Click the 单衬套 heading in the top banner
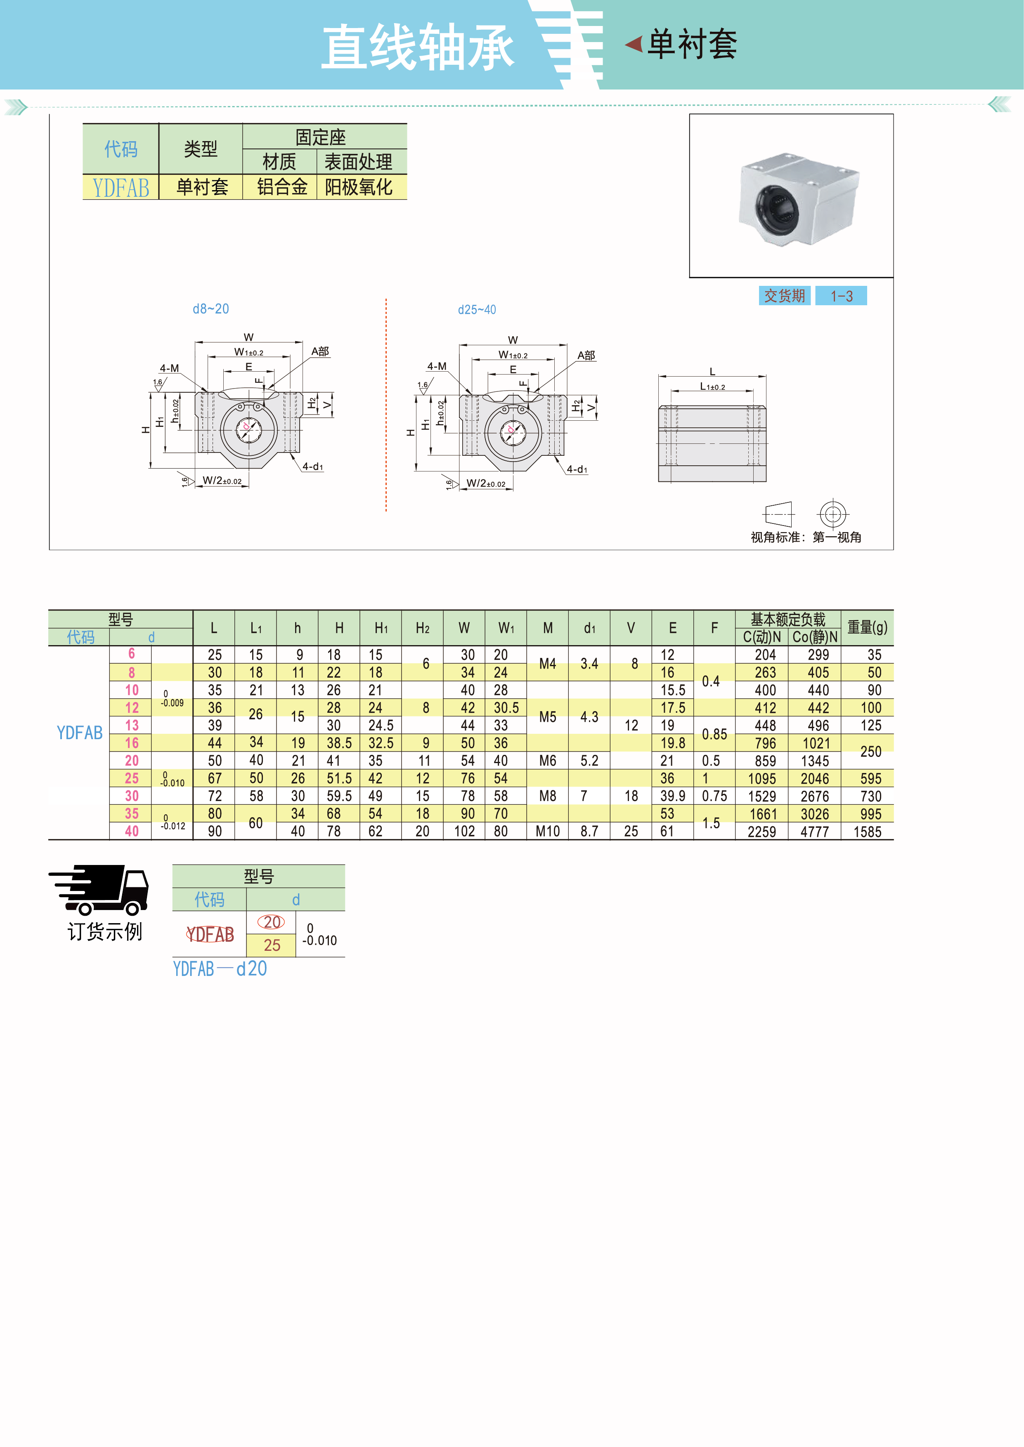tap(692, 45)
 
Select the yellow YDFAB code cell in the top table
tap(121, 188)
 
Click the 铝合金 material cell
tap(282, 187)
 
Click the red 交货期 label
tap(784, 296)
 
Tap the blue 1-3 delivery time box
tap(841, 296)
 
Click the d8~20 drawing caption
tap(210, 309)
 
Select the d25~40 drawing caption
tap(477, 309)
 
